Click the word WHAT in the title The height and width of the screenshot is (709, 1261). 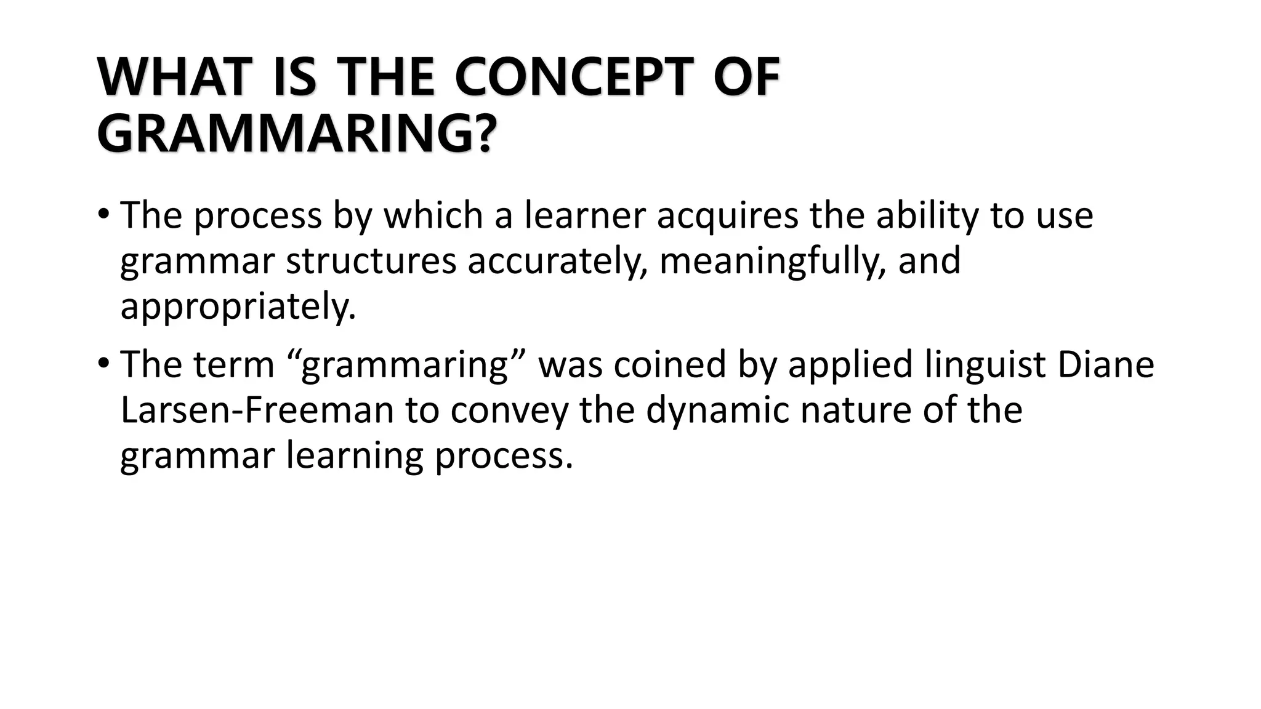172,78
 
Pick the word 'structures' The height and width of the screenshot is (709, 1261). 371,261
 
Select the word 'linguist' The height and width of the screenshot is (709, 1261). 985,366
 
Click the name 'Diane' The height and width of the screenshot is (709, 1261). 1105,364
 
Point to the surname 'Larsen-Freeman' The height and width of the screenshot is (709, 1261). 257,410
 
